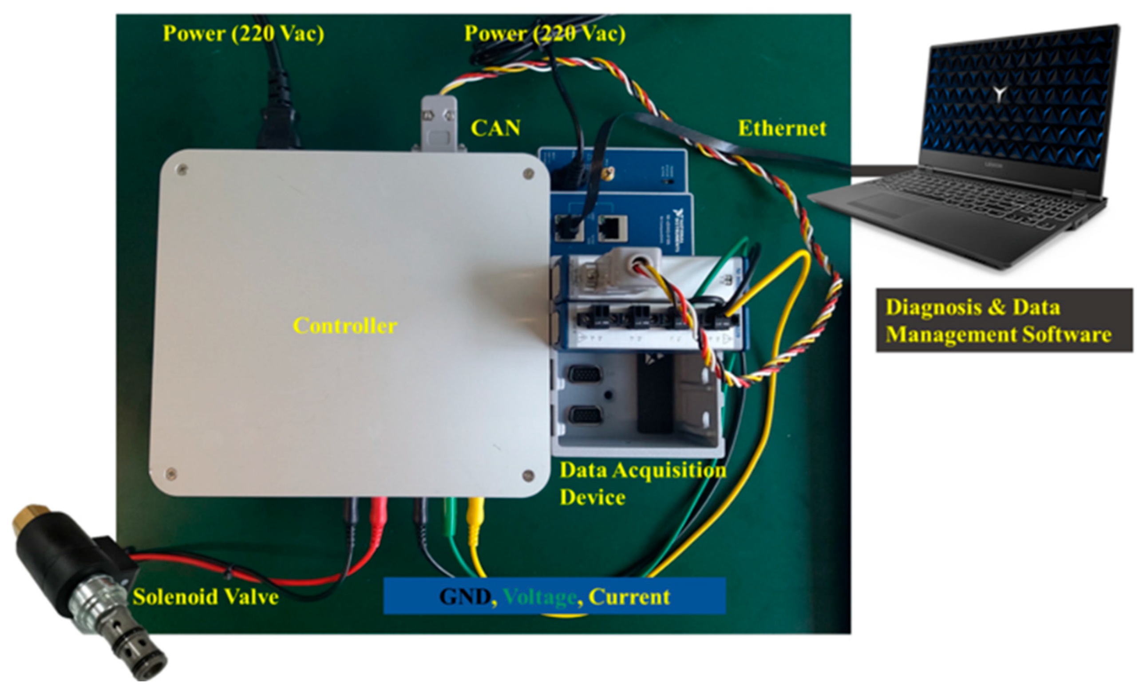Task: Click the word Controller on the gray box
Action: tap(344, 326)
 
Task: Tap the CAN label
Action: tap(495, 128)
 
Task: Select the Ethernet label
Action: tap(782, 128)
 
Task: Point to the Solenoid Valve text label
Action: tap(206, 597)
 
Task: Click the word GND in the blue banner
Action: tap(464, 597)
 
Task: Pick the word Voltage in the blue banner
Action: tap(539, 597)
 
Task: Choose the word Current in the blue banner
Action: tap(629, 597)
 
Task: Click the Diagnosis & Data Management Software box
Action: tap(1004, 320)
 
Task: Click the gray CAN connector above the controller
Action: tap(438, 123)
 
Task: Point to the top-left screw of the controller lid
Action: tap(182, 169)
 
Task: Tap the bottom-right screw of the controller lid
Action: tap(527, 475)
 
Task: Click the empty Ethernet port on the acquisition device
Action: tap(612, 228)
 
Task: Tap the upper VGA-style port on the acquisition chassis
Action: tap(585, 374)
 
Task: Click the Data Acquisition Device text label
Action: tap(642, 484)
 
